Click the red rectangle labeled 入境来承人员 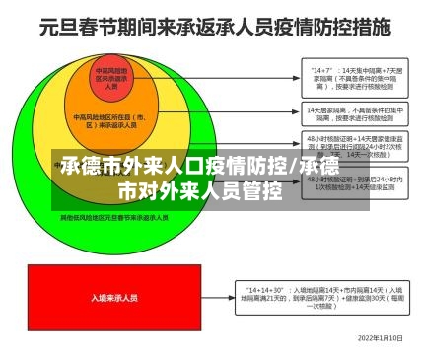(x=113, y=296)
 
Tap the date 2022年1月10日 (x=380, y=337)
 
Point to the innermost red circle (x=111, y=79)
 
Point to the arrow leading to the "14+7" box (x=237, y=77)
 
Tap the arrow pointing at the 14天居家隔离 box (x=237, y=114)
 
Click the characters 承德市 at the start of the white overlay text (x=89, y=167)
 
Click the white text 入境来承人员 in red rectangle (x=113, y=296)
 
